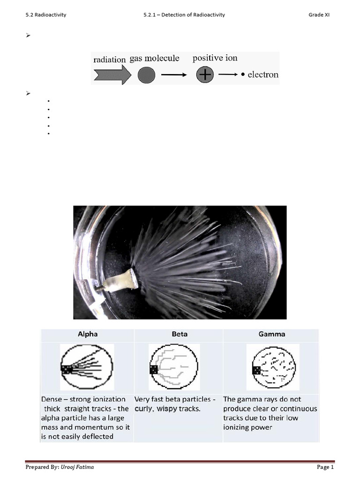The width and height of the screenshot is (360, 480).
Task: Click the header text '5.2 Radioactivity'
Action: pyautogui.click(x=46, y=15)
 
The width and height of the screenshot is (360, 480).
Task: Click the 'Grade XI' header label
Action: pyautogui.click(x=319, y=15)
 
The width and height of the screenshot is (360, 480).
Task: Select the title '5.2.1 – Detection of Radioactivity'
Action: pyautogui.click(x=184, y=15)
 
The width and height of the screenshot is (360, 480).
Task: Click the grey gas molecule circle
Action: pyautogui.click(x=146, y=75)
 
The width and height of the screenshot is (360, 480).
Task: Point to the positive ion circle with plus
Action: pyautogui.click(x=205, y=74)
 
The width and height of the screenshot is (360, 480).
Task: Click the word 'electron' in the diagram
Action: pyautogui.click(x=262, y=75)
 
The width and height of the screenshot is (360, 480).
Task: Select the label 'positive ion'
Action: pyautogui.click(x=215, y=58)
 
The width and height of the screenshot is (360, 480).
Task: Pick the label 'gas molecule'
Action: pyautogui.click(x=155, y=59)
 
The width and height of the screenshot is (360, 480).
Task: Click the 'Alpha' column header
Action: pyautogui.click(x=88, y=334)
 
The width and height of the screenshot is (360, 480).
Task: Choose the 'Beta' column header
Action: pyautogui.click(x=180, y=334)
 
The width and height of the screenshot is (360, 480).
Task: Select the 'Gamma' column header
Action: pyautogui.click(x=272, y=334)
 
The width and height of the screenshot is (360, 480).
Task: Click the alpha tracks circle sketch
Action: pyautogui.click(x=87, y=367)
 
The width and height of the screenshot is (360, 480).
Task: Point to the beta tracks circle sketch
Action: pyautogui.click(x=174, y=367)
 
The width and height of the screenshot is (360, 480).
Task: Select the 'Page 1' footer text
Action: pyautogui.click(x=325, y=467)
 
